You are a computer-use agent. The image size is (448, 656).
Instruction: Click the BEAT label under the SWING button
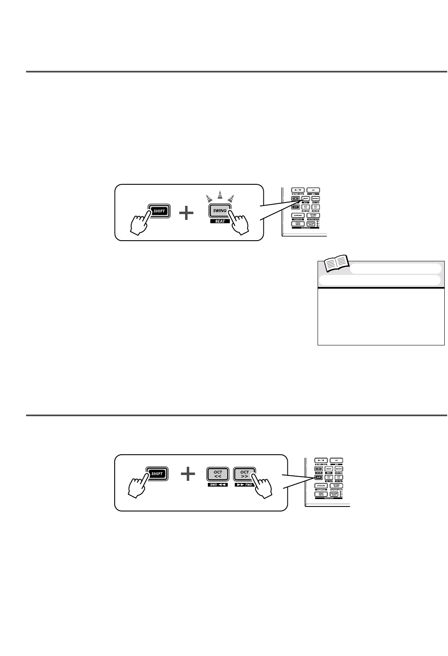(220, 222)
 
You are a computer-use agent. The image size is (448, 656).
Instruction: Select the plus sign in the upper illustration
(187, 214)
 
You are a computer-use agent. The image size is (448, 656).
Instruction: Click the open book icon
(336, 264)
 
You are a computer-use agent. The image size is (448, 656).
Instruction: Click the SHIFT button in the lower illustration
(157, 474)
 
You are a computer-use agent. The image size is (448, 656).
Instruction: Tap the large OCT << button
(218, 474)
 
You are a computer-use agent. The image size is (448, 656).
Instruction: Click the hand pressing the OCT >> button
(262, 485)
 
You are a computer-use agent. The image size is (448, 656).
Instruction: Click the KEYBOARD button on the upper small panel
(298, 216)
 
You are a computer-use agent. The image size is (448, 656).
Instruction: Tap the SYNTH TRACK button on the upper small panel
(298, 224)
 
